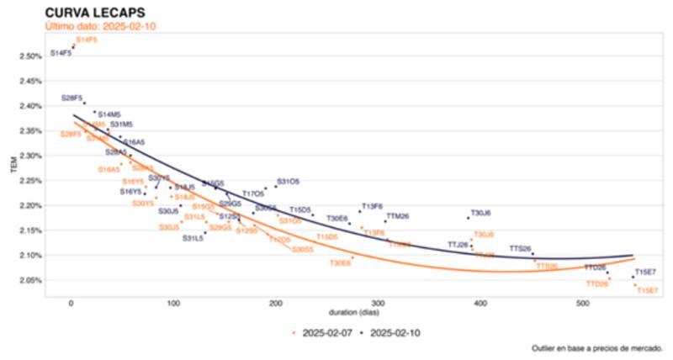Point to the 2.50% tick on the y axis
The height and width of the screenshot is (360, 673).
click(x=30, y=56)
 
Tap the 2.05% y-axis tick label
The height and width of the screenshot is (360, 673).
click(x=30, y=280)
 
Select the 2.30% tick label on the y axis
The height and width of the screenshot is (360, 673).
click(x=30, y=156)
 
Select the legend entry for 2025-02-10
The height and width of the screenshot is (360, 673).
click(x=393, y=332)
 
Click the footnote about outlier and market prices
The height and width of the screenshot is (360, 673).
click(x=597, y=347)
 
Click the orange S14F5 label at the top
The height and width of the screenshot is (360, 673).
click(x=87, y=40)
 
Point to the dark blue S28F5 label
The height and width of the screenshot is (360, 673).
click(x=72, y=98)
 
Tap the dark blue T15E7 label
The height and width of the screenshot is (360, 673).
click(x=646, y=272)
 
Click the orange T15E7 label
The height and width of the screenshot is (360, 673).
click(x=647, y=290)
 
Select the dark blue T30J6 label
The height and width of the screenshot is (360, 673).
click(x=481, y=213)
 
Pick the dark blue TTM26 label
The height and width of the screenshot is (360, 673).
click(x=397, y=216)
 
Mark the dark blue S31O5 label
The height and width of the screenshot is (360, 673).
click(x=288, y=181)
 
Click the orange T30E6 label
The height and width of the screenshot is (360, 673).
click(x=340, y=262)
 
